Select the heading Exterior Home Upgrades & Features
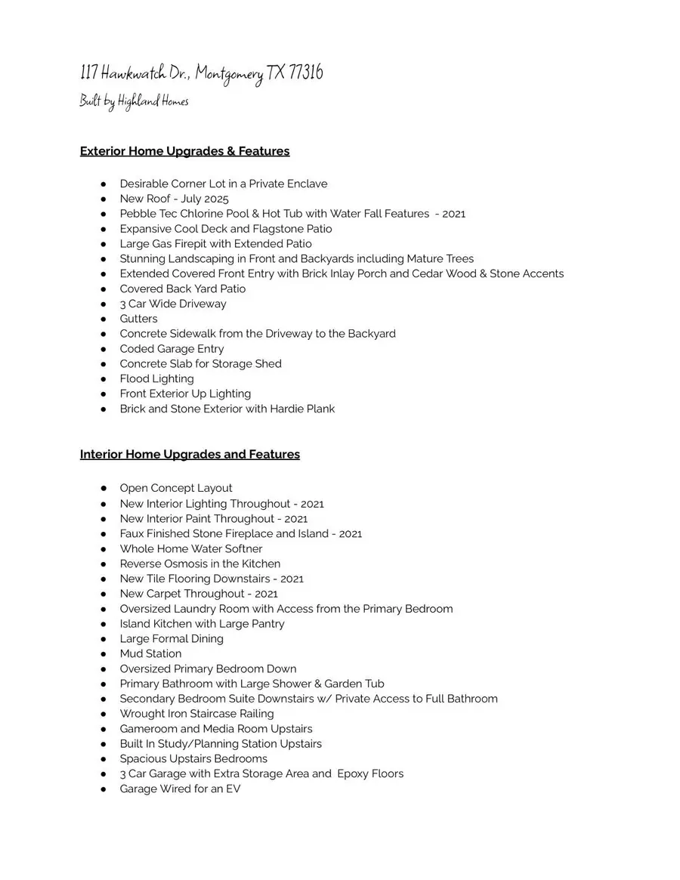tap(185, 151)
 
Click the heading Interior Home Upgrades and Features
tap(190, 454)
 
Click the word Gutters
tap(138, 319)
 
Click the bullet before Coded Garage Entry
tap(103, 349)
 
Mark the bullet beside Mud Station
tap(103, 654)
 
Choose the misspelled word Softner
tap(242, 548)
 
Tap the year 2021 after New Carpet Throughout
tap(266, 594)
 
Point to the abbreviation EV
tap(233, 789)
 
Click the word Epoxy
tap(352, 773)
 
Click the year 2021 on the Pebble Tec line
tap(454, 214)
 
